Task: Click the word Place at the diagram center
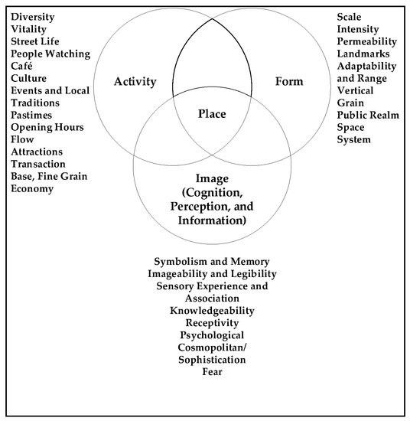pos(211,116)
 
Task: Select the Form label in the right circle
pos(288,82)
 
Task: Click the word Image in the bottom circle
pos(210,180)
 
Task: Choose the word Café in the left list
pos(24,66)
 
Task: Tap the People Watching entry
pos(50,54)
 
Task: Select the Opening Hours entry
pos(47,127)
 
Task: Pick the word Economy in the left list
pos(33,188)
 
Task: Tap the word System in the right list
pos(353,139)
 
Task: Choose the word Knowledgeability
pos(212,311)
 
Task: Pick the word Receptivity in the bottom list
pos(212,323)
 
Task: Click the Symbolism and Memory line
pos(212,262)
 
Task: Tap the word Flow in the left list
pos(24,139)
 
